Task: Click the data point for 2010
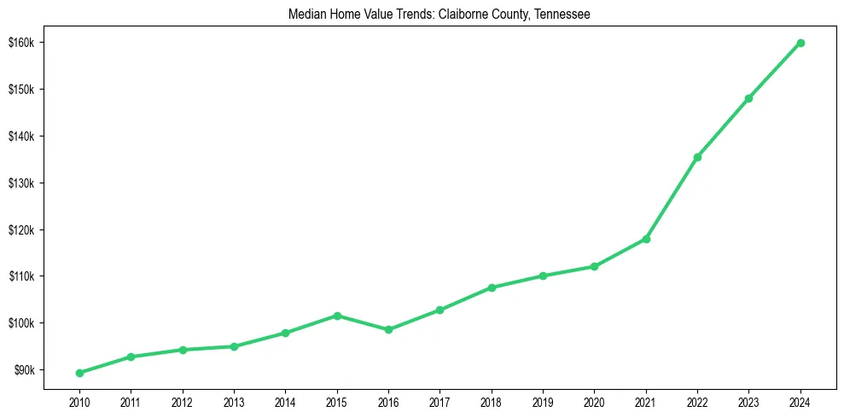(x=79, y=373)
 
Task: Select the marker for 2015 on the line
(x=337, y=316)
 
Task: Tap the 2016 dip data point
(x=388, y=329)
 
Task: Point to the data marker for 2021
(x=646, y=239)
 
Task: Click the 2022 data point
(x=697, y=157)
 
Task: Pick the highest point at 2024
(x=800, y=43)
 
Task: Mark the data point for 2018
(x=492, y=287)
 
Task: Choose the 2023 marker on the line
(x=748, y=98)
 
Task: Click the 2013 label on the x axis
(x=234, y=401)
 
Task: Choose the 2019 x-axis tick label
(x=543, y=401)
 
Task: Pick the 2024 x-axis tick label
(x=800, y=401)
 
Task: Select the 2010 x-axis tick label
(x=79, y=401)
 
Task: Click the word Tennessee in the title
(x=562, y=15)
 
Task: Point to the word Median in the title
(x=306, y=15)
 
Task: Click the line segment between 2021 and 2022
(x=672, y=198)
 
